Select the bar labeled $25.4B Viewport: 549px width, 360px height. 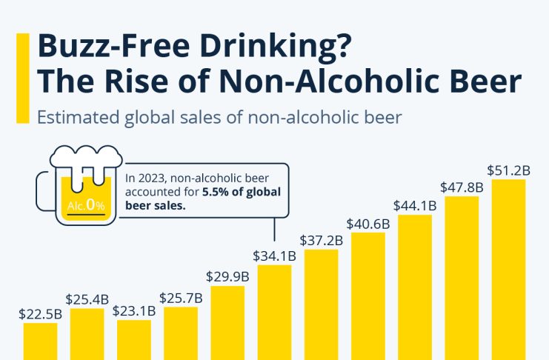pos(87,333)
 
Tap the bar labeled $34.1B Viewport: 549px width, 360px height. pos(274,311)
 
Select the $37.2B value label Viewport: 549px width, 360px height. pos(321,239)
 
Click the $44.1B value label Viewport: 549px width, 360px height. pos(415,204)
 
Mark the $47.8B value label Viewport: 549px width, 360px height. pos(462,187)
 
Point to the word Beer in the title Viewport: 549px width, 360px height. pos(487,81)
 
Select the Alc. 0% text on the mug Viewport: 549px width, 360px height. pos(86,204)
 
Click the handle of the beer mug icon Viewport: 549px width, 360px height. pos(44,192)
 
